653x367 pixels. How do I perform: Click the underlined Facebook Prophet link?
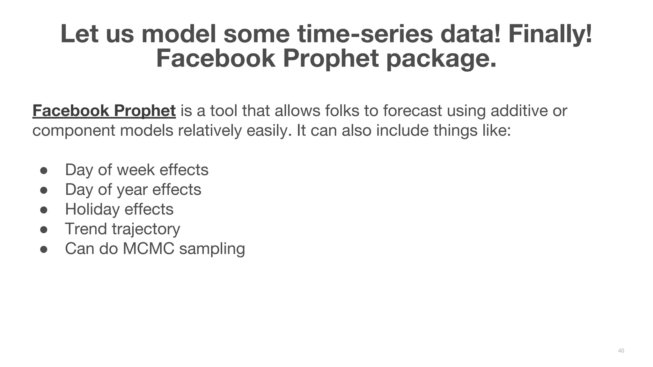coord(104,111)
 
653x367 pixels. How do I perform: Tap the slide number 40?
coord(621,351)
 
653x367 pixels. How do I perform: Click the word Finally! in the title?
coord(550,34)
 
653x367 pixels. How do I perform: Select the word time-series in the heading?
coord(365,34)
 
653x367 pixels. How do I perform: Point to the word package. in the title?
coord(442,59)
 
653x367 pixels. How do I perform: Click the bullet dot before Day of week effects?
coord(44,170)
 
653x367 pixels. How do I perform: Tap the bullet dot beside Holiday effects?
coord(44,210)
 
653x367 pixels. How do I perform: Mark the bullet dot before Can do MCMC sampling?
coord(44,249)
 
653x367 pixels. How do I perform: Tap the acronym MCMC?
coord(148,249)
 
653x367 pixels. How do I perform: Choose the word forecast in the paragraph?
coord(412,111)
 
